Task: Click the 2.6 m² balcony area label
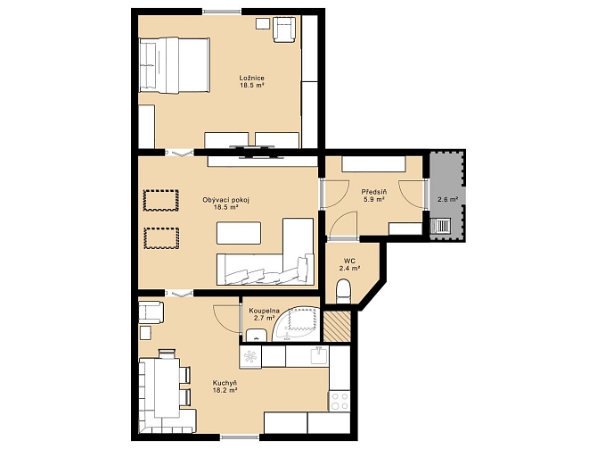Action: coord(447,199)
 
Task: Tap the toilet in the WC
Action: coord(344,292)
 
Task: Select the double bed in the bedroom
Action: coord(174,65)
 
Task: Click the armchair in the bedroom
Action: coord(284,29)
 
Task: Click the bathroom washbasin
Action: coord(257,335)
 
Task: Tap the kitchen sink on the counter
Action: coord(319,355)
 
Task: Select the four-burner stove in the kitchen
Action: coord(339,401)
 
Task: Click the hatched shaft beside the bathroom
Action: coord(337,326)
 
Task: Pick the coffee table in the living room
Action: coord(239,233)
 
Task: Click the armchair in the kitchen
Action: coord(151,312)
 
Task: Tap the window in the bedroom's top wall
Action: coord(222,12)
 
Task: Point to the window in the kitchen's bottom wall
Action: coord(241,437)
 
